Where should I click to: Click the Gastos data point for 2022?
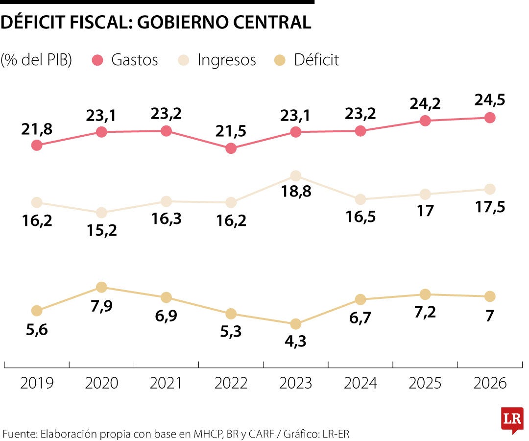tap(231, 148)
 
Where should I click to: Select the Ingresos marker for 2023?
tap(295, 176)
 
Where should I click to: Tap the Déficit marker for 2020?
tap(101, 287)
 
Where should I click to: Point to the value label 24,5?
tap(489, 100)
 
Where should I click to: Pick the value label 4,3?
tap(295, 341)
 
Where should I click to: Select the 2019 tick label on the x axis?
tap(37, 383)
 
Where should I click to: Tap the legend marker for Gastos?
tap(98, 60)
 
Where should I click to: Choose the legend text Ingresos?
tap(226, 60)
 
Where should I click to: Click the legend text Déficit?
tap(316, 60)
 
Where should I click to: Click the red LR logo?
tap(512, 419)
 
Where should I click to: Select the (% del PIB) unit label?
tap(37, 60)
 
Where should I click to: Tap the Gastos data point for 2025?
tap(425, 121)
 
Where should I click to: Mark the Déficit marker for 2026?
tap(489, 296)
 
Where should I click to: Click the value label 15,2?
tap(101, 230)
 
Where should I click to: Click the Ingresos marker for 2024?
tap(361, 199)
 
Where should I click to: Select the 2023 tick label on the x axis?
tap(295, 383)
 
